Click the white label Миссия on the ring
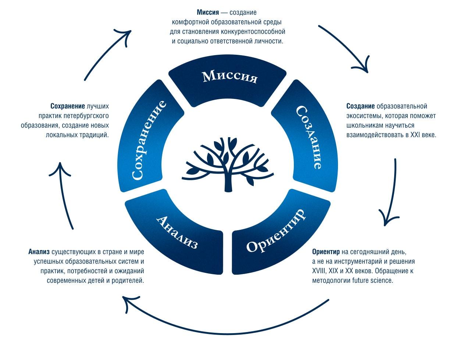[230, 77]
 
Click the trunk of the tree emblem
[229, 182]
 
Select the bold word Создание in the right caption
[360, 106]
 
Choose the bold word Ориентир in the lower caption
[326, 252]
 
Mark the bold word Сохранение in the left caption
[68, 106]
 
